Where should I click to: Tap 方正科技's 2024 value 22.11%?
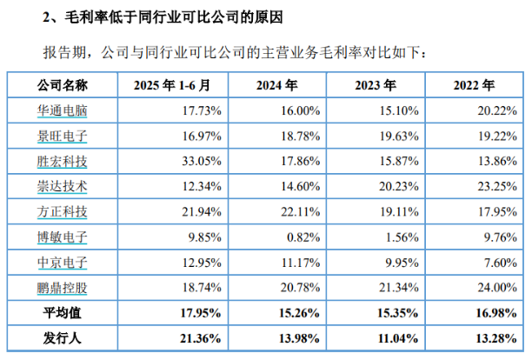coord(302,211)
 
